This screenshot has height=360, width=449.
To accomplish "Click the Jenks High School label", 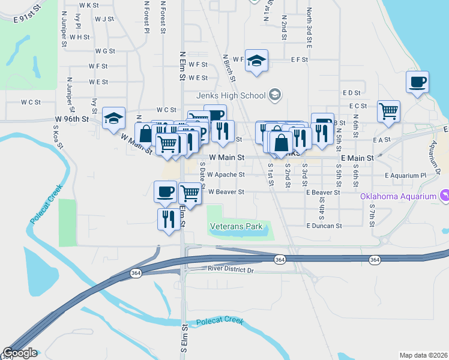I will click(231, 95).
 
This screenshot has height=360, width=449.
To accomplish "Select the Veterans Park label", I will click(237, 227).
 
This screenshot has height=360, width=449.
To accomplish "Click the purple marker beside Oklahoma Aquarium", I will click(444, 195).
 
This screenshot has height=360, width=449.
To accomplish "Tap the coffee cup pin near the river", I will click(417, 82).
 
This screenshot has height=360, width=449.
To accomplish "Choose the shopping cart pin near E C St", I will click(388, 111).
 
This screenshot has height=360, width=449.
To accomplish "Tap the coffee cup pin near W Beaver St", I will click(165, 191).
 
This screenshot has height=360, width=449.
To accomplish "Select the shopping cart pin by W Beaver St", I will click(190, 193).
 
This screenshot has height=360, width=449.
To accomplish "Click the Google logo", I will click(19, 353).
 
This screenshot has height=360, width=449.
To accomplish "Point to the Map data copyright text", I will click(424, 355).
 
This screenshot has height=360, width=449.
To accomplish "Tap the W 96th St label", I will click(71, 119).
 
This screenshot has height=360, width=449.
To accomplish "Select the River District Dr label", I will click(232, 270).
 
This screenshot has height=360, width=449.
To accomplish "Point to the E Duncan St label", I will click(324, 226).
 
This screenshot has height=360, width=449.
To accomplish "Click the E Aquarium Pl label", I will click(405, 175).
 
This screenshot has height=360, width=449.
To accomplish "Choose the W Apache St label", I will click(226, 175).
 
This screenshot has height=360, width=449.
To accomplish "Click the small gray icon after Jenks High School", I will click(275, 94).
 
